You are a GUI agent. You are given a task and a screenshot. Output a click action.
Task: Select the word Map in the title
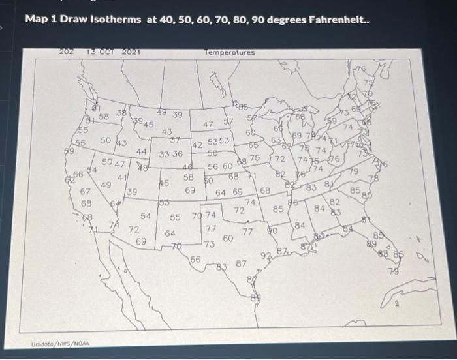35,20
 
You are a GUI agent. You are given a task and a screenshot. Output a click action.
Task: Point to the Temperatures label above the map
230,52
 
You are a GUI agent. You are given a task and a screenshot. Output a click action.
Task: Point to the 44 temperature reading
142,151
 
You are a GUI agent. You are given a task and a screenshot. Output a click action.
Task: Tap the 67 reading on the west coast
85,192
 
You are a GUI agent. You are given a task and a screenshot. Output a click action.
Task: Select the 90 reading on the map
273,230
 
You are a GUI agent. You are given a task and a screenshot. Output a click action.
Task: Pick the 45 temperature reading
149,125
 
